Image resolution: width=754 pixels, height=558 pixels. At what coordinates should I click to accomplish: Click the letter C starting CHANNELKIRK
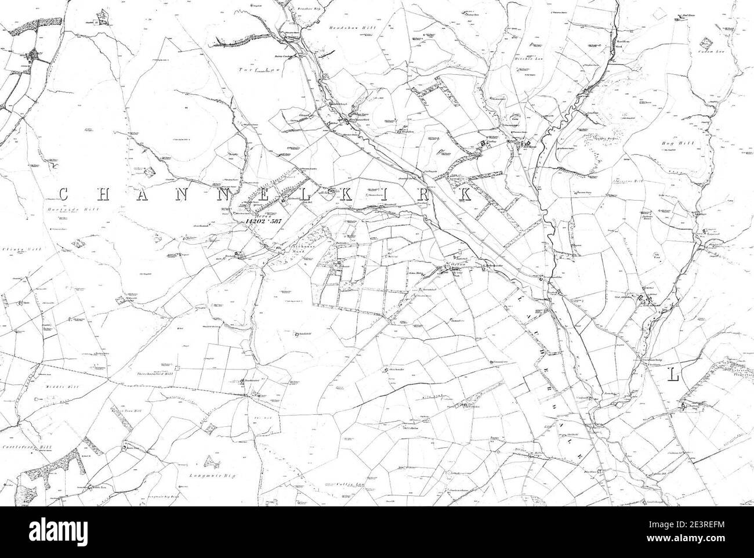tap(63, 193)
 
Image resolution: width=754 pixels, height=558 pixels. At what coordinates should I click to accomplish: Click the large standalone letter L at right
tap(673, 375)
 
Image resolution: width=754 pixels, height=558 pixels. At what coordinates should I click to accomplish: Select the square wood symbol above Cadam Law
tap(705, 44)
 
